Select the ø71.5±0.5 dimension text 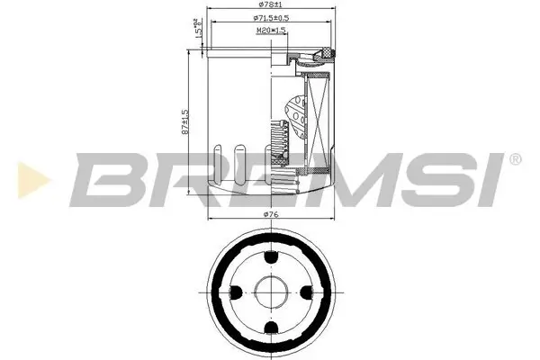tap(269, 18)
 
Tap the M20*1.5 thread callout tap(271, 30)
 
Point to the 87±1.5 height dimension tap(185, 121)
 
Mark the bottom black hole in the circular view tap(271, 326)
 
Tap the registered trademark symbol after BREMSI tap(515, 159)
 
